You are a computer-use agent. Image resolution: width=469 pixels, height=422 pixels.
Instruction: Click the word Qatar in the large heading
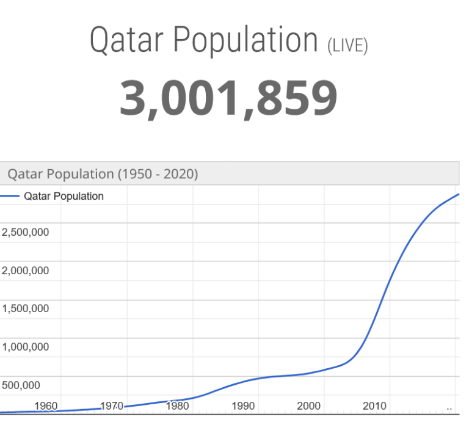[127, 40]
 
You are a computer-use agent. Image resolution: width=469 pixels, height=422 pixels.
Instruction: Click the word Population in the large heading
[245, 40]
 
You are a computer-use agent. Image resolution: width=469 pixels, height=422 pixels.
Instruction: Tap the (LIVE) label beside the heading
[347, 45]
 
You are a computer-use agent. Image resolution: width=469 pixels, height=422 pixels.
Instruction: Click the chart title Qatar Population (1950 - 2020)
[103, 174]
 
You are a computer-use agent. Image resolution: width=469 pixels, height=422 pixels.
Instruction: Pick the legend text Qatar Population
[64, 196]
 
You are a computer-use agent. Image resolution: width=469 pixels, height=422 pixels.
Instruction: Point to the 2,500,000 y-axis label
[25, 232]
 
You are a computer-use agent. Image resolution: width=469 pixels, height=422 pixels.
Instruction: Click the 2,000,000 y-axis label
[25, 271]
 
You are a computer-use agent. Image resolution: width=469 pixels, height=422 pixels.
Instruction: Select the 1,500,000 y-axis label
[25, 308]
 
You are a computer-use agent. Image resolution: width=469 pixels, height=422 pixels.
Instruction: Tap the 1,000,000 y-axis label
[25, 347]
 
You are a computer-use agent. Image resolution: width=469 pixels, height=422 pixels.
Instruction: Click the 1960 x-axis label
[46, 406]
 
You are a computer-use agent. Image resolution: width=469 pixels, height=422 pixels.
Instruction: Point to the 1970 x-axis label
[112, 406]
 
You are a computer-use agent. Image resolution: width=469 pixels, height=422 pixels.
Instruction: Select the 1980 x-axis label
[177, 406]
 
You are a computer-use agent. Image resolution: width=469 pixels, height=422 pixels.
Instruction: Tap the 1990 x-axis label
[243, 406]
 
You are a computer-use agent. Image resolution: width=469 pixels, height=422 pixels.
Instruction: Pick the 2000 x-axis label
[308, 406]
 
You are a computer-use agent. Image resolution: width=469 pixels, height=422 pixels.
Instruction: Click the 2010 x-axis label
[374, 406]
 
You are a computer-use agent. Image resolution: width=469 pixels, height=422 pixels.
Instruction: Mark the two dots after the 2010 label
[449, 407]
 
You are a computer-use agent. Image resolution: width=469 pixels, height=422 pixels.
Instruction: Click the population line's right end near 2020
[457, 195]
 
